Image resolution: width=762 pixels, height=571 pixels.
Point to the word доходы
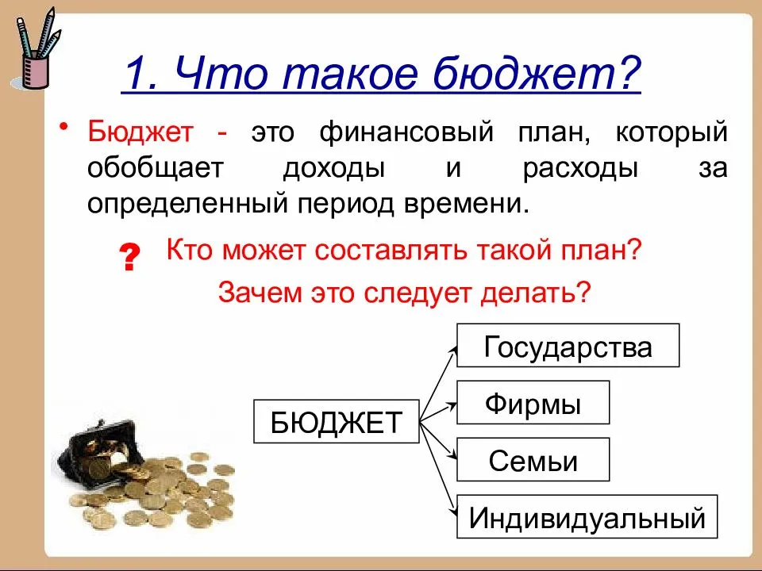tap(330, 168)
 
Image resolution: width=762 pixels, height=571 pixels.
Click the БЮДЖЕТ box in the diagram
tap(337, 421)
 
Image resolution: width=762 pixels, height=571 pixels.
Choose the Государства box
tap(568, 346)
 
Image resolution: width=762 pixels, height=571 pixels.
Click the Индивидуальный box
tap(587, 517)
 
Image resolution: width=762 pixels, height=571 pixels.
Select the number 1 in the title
tap(135, 76)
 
